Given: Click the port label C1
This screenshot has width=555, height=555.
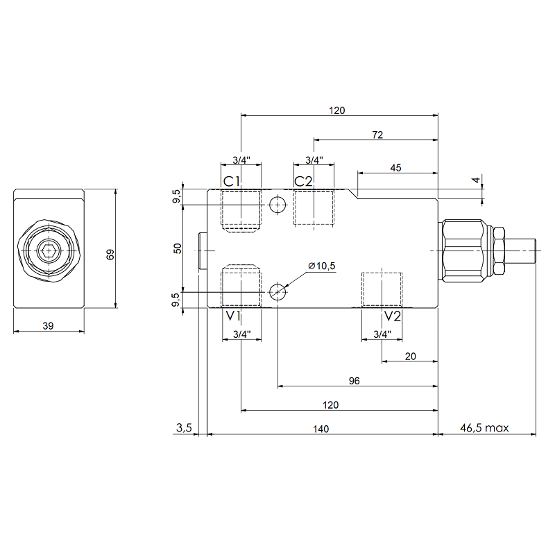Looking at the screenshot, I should [x=232, y=182].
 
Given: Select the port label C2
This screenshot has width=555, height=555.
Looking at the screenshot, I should [x=304, y=182].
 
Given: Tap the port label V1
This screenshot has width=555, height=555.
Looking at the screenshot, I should [x=232, y=317].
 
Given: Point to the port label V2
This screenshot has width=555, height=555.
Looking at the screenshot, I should [x=393, y=317].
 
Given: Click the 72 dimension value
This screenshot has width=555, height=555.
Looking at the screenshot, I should [x=377, y=135].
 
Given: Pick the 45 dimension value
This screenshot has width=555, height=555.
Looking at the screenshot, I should [x=396, y=168].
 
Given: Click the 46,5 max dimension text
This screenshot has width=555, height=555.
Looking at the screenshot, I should [x=485, y=429].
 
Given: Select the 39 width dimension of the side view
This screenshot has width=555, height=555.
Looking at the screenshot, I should [x=48, y=325].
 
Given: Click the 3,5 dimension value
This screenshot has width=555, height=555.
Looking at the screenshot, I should [x=183, y=429].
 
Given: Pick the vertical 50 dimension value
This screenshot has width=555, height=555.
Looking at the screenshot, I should [x=178, y=248].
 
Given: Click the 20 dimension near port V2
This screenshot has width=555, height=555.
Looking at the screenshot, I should [x=410, y=356].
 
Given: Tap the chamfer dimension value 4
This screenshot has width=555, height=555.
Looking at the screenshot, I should [x=476, y=180].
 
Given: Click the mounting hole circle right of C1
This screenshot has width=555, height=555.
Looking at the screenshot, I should [x=277, y=204].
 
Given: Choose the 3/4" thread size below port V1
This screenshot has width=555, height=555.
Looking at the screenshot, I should [x=241, y=334].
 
